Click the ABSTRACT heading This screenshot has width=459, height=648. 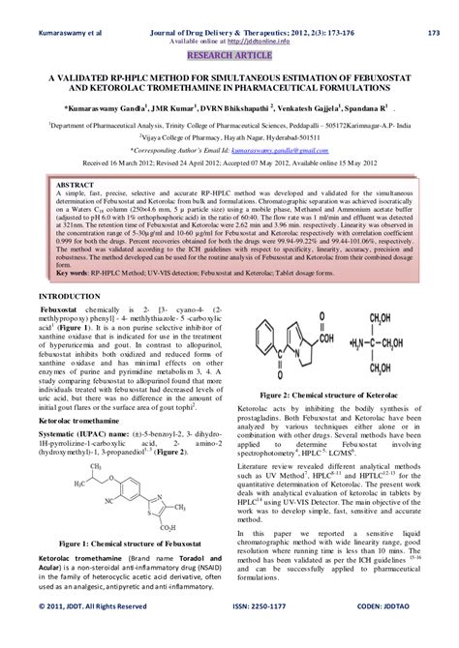click(x=74, y=184)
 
